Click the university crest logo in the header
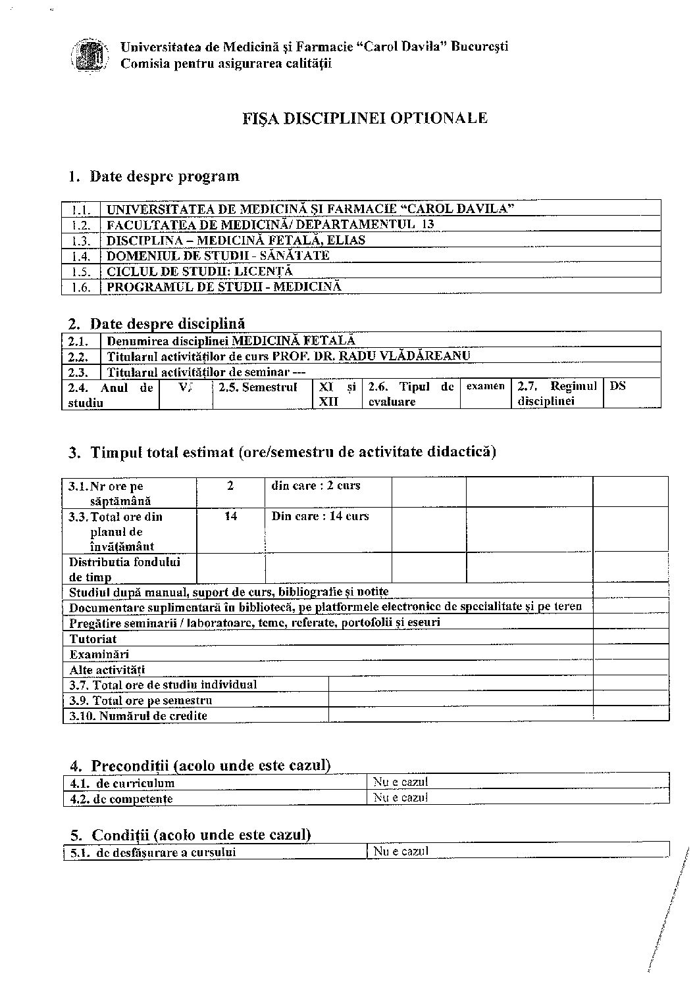[x=89, y=55]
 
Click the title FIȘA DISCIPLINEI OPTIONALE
[x=365, y=118]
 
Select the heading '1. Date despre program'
[x=154, y=176]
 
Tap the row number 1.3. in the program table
[x=80, y=241]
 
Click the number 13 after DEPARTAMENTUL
[x=428, y=224]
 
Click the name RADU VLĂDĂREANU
[x=408, y=356]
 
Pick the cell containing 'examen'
[x=486, y=387]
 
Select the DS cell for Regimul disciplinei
[x=617, y=387]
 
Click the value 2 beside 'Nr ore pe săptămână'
[x=230, y=486]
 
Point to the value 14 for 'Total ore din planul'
[x=230, y=517]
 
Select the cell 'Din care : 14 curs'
[x=321, y=517]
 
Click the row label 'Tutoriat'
[x=93, y=638]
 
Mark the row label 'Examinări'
[x=99, y=654]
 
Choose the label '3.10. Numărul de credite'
[x=138, y=716]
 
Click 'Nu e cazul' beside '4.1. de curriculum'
[x=401, y=782]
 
